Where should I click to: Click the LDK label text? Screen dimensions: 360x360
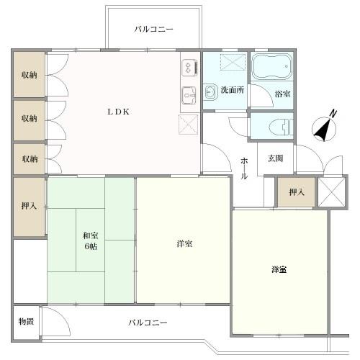point(119,112)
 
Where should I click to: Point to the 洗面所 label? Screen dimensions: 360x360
point(232,91)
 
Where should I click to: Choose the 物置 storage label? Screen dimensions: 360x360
point(26,320)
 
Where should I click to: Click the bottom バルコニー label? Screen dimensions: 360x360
point(148,322)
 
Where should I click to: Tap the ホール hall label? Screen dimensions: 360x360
point(244,167)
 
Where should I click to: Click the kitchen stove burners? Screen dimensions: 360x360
point(189,67)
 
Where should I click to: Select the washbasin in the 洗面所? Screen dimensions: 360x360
point(211,91)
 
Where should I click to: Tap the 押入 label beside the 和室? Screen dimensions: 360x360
point(29,207)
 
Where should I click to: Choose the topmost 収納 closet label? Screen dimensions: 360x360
point(29,76)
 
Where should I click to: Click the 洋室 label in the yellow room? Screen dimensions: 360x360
point(184,244)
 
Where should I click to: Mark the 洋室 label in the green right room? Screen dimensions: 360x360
point(280,269)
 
